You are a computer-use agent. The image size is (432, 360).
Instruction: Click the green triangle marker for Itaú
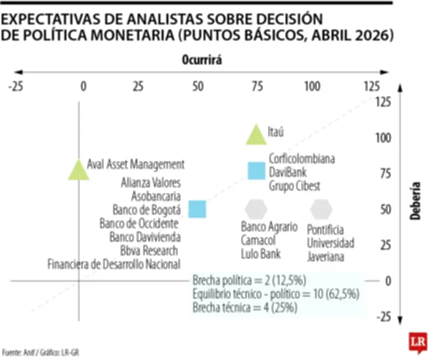(256, 136)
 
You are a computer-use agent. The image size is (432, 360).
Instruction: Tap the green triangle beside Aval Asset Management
(79, 169)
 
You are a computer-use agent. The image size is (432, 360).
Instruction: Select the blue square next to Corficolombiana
(256, 171)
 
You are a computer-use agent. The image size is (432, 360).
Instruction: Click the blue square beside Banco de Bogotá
(197, 209)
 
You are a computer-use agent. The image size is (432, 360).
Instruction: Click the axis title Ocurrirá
(202, 61)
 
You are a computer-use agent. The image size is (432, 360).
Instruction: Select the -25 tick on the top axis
(15, 86)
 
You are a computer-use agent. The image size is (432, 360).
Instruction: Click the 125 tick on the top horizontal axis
(372, 86)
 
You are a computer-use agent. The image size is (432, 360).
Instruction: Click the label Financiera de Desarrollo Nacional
(114, 264)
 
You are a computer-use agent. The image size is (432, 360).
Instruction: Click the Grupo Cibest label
(295, 186)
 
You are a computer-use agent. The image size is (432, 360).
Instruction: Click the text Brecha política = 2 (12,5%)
(249, 280)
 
